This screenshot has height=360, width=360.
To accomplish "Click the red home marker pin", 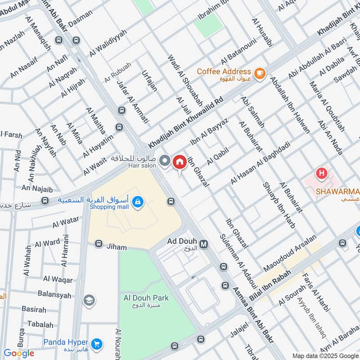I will tap(180, 162).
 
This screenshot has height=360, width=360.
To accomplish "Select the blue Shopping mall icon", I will tap(139, 203).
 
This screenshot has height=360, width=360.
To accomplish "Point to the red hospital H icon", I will tap(321, 172).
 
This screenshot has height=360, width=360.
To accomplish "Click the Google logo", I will tap(19, 353).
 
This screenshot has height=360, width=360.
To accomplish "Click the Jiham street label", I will tap(116, 247).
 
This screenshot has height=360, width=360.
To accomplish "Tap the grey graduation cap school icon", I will tap(89, 300).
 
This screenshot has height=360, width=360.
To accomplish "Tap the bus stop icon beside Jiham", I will tap(99, 244).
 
